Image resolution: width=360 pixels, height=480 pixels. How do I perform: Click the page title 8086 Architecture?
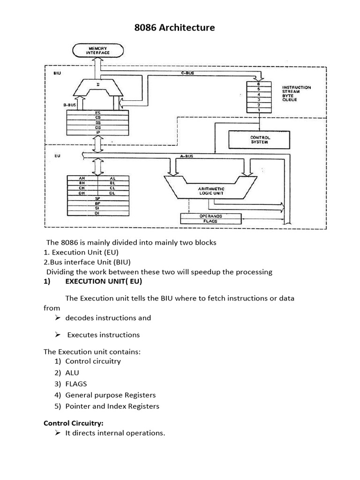point(174,28)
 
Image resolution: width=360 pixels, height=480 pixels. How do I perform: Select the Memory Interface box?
point(98,50)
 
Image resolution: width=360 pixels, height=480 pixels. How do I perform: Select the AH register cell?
point(82,179)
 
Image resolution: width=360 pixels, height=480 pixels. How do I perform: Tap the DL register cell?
point(112,193)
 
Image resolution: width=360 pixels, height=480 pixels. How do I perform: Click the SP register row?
point(97,198)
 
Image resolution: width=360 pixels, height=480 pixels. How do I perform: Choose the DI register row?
point(97,213)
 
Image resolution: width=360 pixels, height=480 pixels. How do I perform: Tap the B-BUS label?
point(70,105)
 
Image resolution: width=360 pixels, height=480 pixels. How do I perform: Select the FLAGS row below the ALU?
point(210,220)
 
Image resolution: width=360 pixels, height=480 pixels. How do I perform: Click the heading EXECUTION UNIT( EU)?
point(103,281)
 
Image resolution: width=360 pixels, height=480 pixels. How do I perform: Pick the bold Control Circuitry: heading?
point(73,423)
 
